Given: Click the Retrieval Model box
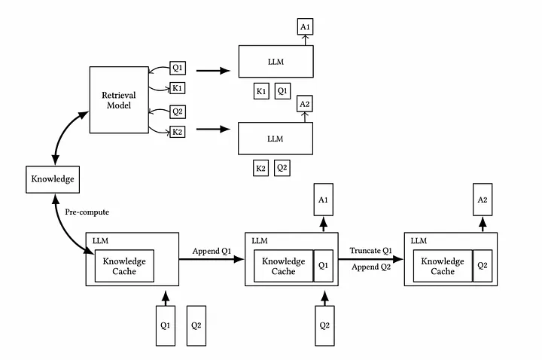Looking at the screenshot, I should click(x=118, y=100).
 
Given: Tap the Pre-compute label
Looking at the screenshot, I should click(x=83, y=212).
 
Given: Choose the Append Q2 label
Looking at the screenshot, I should click(x=370, y=267).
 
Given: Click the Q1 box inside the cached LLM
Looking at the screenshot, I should click(x=322, y=266).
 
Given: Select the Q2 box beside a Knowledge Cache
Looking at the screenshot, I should click(x=482, y=266).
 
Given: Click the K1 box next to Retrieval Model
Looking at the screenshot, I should click(x=177, y=88).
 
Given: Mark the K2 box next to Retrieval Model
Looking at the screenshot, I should click(x=177, y=132).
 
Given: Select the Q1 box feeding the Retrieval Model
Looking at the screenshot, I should click(x=177, y=66).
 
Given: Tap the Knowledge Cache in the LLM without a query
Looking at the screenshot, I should click(x=124, y=266).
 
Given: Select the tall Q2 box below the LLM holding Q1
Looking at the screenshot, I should click(x=323, y=326).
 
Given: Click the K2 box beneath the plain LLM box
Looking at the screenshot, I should click(x=261, y=168).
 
